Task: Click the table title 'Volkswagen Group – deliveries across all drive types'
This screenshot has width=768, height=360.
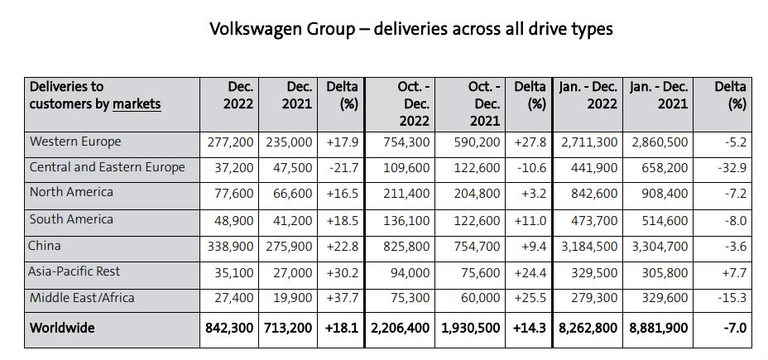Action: click(x=410, y=29)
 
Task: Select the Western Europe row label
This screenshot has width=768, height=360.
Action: click(x=75, y=142)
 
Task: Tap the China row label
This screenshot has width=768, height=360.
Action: click(x=45, y=246)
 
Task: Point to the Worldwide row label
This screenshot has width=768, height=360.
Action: click(x=62, y=328)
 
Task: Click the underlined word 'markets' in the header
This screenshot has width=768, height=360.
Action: click(x=137, y=103)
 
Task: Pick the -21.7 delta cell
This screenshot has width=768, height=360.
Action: click(x=342, y=167)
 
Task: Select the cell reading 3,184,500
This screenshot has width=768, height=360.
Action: click(x=589, y=247)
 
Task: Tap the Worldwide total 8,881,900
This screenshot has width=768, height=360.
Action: click(x=659, y=328)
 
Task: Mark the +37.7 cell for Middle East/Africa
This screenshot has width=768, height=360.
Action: click(x=342, y=298)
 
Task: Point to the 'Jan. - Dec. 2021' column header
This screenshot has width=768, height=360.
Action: click(x=660, y=95)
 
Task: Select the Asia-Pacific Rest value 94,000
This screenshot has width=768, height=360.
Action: click(x=410, y=272)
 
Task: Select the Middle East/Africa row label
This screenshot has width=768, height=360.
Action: click(x=81, y=298)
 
